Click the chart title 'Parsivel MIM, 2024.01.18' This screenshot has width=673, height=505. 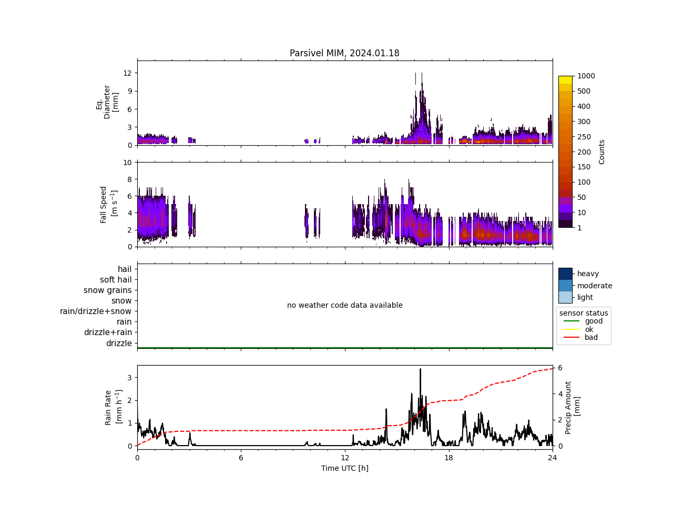click(344, 53)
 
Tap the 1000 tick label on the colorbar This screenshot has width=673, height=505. click(586, 76)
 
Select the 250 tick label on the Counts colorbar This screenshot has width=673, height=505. click(584, 137)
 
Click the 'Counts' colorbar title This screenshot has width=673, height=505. click(602, 151)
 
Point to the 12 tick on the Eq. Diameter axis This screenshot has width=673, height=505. click(127, 73)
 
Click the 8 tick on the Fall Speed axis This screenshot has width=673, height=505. click(127, 179)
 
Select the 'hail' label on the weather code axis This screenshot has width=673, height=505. click(125, 269)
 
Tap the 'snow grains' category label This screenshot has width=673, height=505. click(108, 290)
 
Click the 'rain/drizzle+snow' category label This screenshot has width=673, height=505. click(96, 311)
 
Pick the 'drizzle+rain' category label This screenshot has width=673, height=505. click(108, 332)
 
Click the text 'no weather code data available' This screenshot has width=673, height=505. click(344, 305)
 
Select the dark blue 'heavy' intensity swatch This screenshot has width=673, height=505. click(565, 274)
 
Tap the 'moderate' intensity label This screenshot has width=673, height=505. click(595, 286)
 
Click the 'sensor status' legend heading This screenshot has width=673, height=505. click(584, 313)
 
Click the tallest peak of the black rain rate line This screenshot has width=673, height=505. click(420, 369)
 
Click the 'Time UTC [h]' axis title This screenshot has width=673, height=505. click(344, 468)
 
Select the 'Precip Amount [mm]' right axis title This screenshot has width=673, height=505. click(573, 408)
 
